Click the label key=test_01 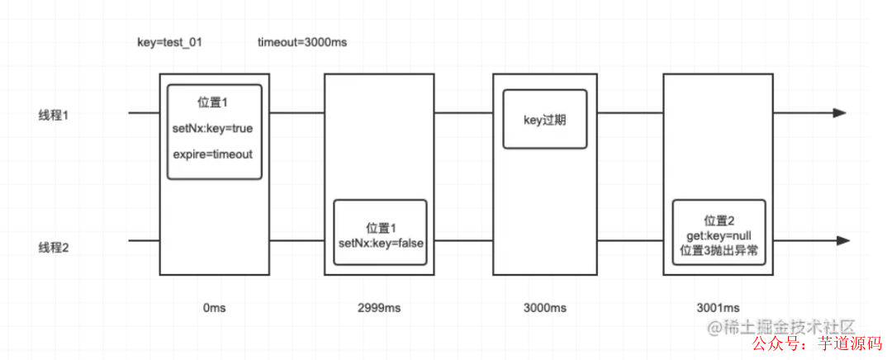168,42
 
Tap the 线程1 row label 54,114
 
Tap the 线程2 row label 54,245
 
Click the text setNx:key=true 213,129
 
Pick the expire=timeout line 213,154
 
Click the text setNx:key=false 380,243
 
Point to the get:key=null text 718,236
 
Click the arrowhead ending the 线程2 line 842,241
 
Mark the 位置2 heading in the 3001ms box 718,220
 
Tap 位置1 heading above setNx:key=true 213,103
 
